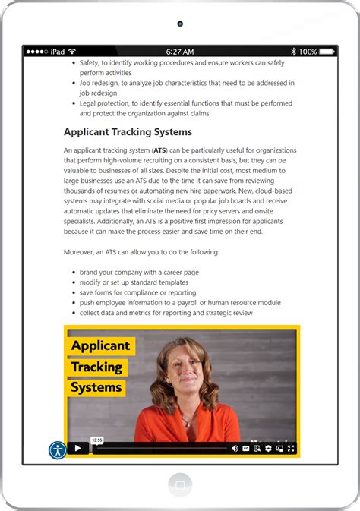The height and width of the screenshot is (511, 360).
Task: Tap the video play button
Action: point(77,449)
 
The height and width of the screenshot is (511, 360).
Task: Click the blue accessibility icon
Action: point(58,449)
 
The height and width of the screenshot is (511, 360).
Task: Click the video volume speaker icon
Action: point(235,449)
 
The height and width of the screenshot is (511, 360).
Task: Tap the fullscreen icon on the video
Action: point(291,449)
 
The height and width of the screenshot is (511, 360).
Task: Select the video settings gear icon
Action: point(268,449)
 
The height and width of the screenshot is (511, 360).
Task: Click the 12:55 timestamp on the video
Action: point(96,440)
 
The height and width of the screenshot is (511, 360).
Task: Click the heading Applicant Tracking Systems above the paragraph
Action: point(128,132)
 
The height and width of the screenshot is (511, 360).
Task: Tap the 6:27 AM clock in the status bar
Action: point(180,52)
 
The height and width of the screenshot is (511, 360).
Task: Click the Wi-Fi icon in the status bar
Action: point(72,52)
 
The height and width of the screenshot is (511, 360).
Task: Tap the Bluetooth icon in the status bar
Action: point(293,52)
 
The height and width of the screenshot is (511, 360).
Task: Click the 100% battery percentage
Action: point(308,52)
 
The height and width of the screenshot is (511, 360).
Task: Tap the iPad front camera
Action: point(180,24)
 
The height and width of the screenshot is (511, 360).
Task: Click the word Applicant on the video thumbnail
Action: point(100,346)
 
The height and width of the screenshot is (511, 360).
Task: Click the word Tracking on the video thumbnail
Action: point(96,367)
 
